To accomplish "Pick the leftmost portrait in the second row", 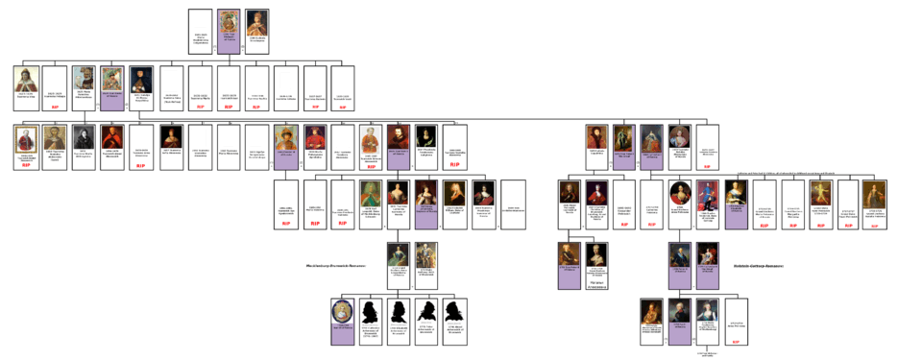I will point(26,79).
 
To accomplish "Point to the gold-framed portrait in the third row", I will point(26,137).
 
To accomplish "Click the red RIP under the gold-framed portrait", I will point(26,165).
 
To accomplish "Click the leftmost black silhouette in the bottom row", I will point(372,310).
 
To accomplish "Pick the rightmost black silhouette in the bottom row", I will point(454,310).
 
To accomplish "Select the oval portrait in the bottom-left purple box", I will point(343,311).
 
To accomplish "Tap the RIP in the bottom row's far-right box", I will point(735,342).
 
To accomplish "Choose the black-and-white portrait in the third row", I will point(84,137).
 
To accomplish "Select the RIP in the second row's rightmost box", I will point(343,108).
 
